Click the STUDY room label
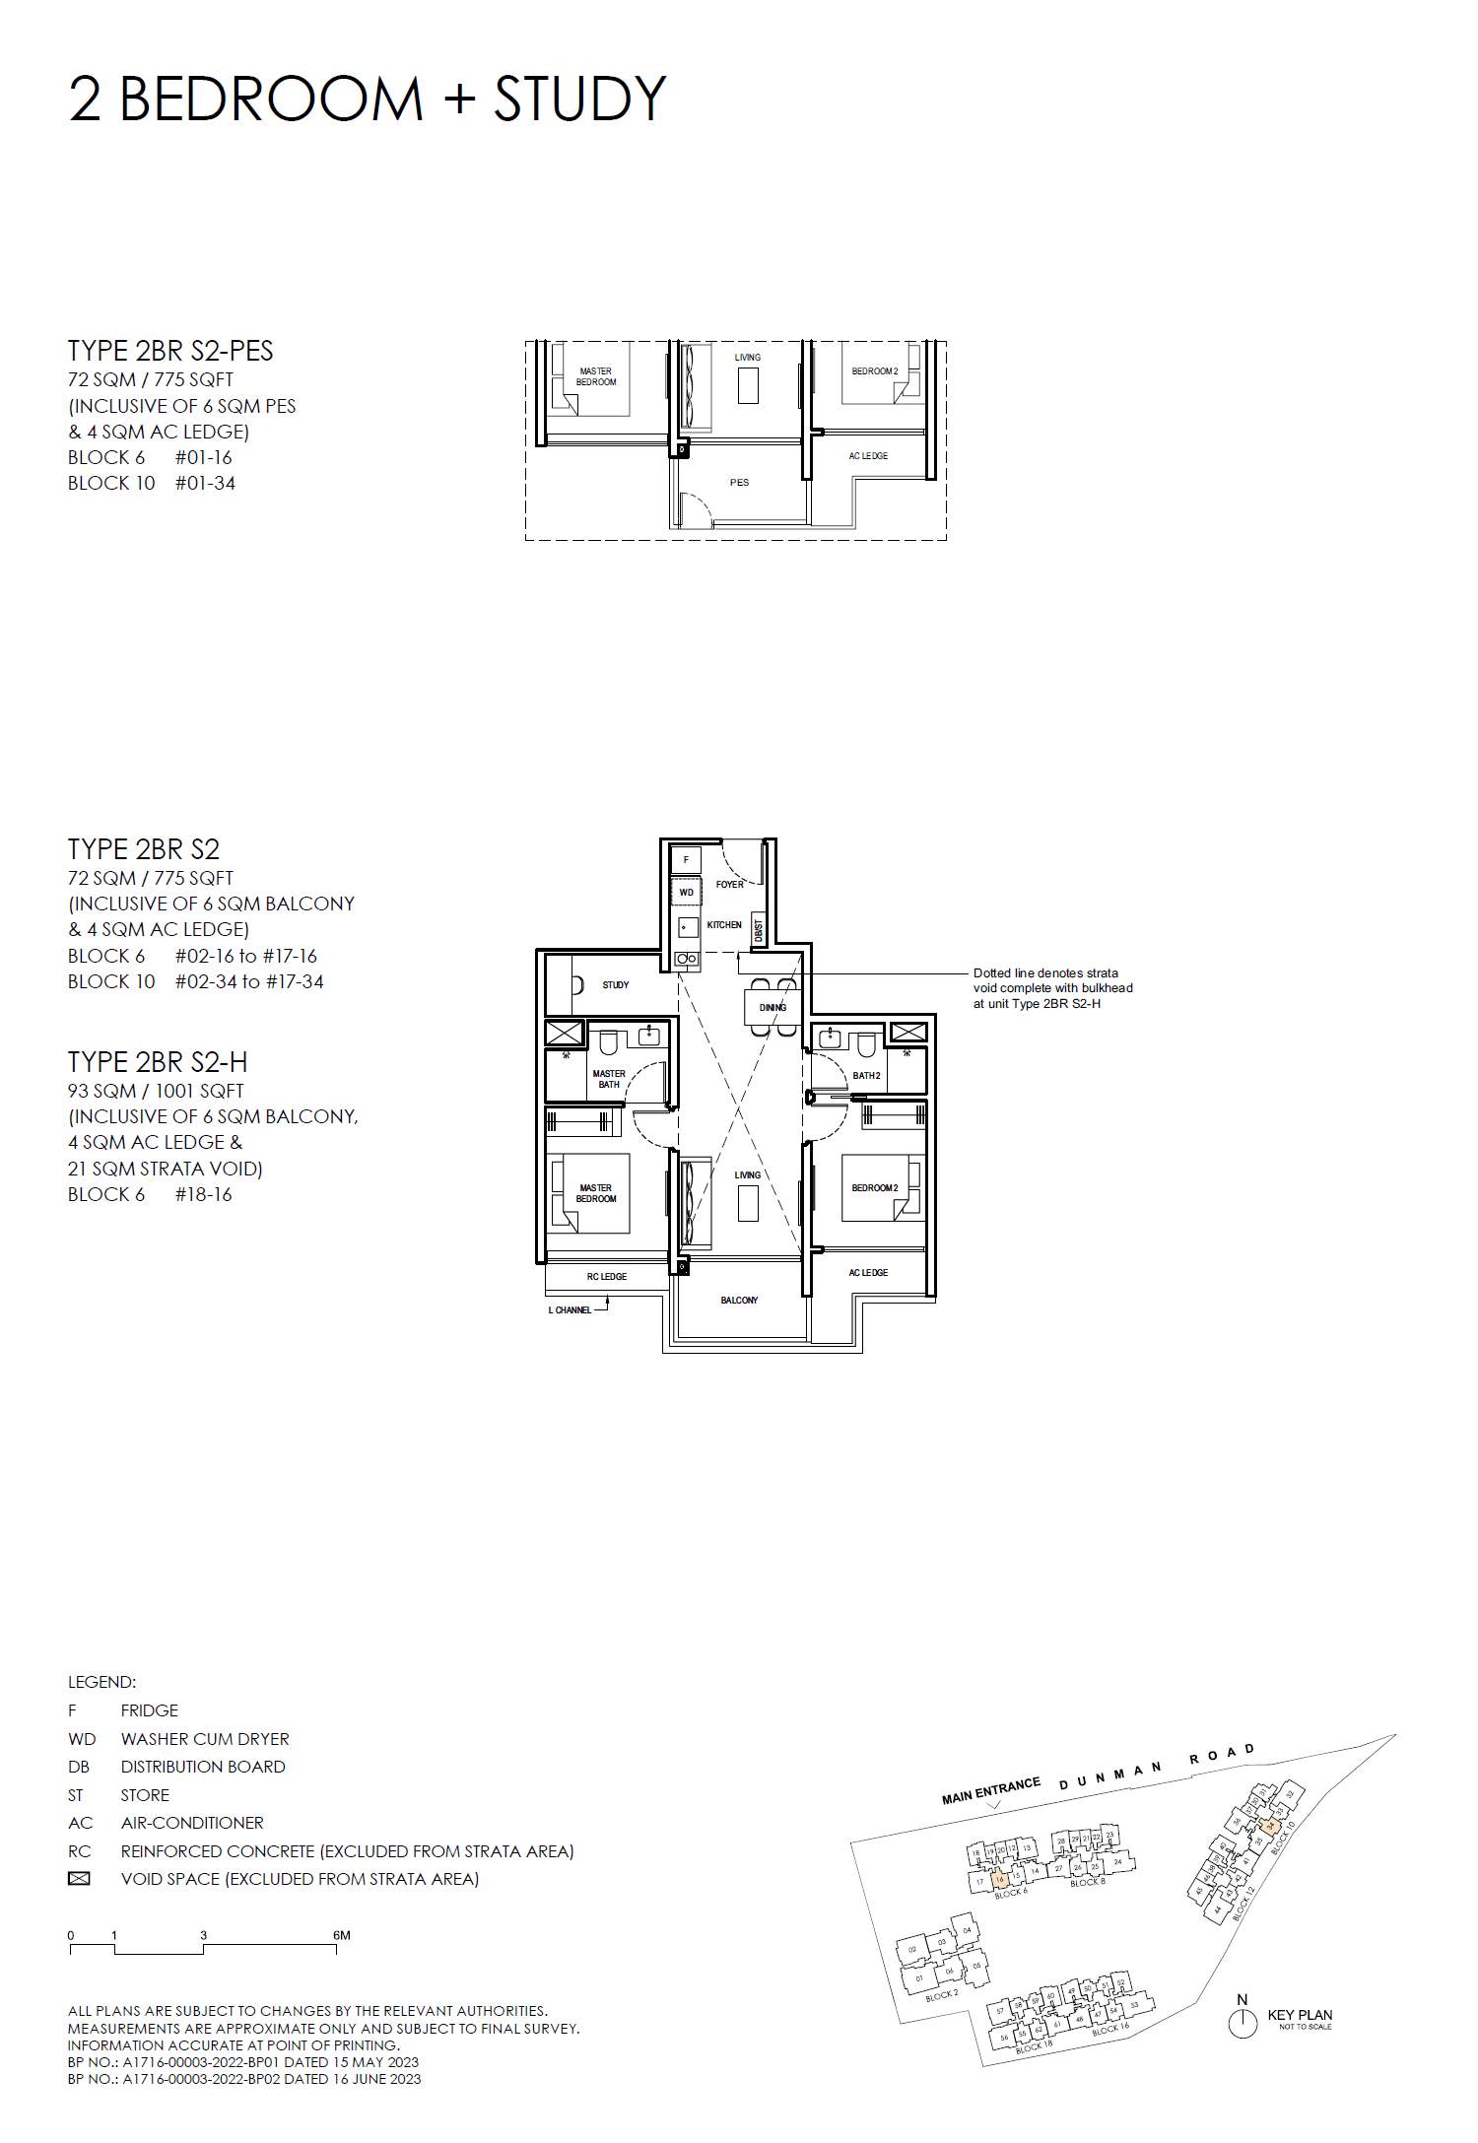[615, 984]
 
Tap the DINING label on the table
[773, 1007]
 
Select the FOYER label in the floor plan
[729, 884]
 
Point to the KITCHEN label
[724, 924]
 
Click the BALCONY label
[739, 1300]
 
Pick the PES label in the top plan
[739, 483]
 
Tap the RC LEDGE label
[606, 1276]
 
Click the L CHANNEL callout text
[570, 1310]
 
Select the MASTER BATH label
[609, 1079]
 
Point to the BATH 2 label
[866, 1076]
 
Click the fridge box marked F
[686, 859]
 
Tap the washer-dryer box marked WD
[686, 893]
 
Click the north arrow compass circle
[1243, 2023]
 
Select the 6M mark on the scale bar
[341, 1935]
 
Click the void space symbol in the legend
[79, 1879]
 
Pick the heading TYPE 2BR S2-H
[158, 1062]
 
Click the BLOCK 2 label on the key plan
[941, 1995]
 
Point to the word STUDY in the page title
[579, 99]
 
